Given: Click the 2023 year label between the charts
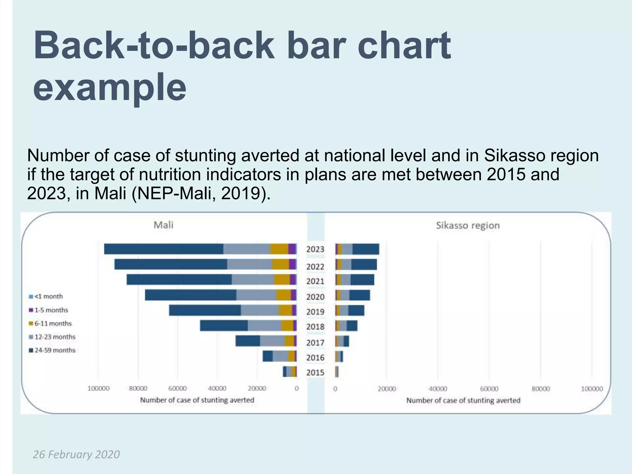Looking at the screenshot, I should tap(315, 249).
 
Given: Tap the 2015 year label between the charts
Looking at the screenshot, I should tap(315, 372).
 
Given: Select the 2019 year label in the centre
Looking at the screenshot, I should tap(315, 312).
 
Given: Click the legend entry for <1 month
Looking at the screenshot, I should tap(46, 297).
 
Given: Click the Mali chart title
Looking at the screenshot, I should tap(163, 225).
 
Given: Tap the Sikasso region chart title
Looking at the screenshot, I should tap(468, 226).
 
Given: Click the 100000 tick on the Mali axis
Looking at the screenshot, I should tap(98, 389).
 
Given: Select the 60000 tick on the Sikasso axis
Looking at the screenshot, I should tap(489, 389).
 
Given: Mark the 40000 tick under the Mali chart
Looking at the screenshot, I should tap(217, 389).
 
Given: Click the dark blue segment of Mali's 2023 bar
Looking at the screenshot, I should tap(164, 249).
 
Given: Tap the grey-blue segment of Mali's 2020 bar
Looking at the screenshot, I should tap(256, 295).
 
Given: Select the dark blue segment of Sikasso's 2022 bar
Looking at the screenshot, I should tap(364, 265).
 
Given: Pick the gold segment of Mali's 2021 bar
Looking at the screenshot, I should tap(282, 280).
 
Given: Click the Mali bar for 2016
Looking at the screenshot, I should tap(279, 356).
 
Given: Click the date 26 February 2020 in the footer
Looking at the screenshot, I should tap(76, 455).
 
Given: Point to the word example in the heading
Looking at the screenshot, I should tap(110, 87).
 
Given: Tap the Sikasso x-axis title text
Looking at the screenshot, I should tap(463, 401).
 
